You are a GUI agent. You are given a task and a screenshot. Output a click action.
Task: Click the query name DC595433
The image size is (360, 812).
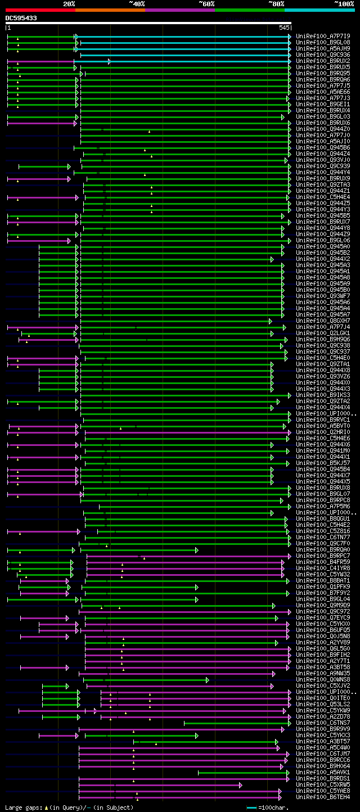(21, 18)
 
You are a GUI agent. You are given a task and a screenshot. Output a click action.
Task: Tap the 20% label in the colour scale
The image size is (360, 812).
(69, 4)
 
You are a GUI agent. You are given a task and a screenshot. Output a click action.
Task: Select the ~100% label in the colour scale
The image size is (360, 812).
(344, 4)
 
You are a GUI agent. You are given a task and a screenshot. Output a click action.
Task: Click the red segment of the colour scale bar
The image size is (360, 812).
(40, 10)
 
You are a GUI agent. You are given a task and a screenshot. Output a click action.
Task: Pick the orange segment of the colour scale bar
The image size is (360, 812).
(110, 10)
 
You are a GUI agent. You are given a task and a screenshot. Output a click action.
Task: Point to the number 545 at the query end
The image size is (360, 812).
(284, 27)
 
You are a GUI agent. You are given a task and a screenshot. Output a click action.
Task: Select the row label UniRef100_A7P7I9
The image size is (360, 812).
(323, 36)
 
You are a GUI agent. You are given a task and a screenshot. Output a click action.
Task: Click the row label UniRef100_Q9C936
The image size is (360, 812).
(323, 55)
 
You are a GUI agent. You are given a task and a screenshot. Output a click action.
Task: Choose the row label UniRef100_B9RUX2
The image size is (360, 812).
(323, 61)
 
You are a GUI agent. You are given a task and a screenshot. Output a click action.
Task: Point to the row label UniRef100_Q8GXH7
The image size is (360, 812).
(323, 321)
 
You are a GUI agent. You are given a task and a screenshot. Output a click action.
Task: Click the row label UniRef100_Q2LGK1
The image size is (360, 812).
(323, 333)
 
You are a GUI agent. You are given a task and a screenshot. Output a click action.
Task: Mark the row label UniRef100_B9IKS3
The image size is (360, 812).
(323, 395)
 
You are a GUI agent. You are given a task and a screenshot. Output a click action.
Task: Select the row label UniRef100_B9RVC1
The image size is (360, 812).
(323, 419)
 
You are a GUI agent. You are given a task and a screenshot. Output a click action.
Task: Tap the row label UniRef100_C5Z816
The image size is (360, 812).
(323, 531)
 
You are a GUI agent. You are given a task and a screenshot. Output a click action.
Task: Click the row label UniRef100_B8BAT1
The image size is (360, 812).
(323, 580)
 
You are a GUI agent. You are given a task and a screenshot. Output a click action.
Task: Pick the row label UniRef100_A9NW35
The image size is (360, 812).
(323, 673)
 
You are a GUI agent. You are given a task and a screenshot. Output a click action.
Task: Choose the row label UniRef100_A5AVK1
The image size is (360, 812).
(323, 772)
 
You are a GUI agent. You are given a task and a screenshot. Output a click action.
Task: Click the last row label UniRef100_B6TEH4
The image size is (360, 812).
(323, 797)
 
